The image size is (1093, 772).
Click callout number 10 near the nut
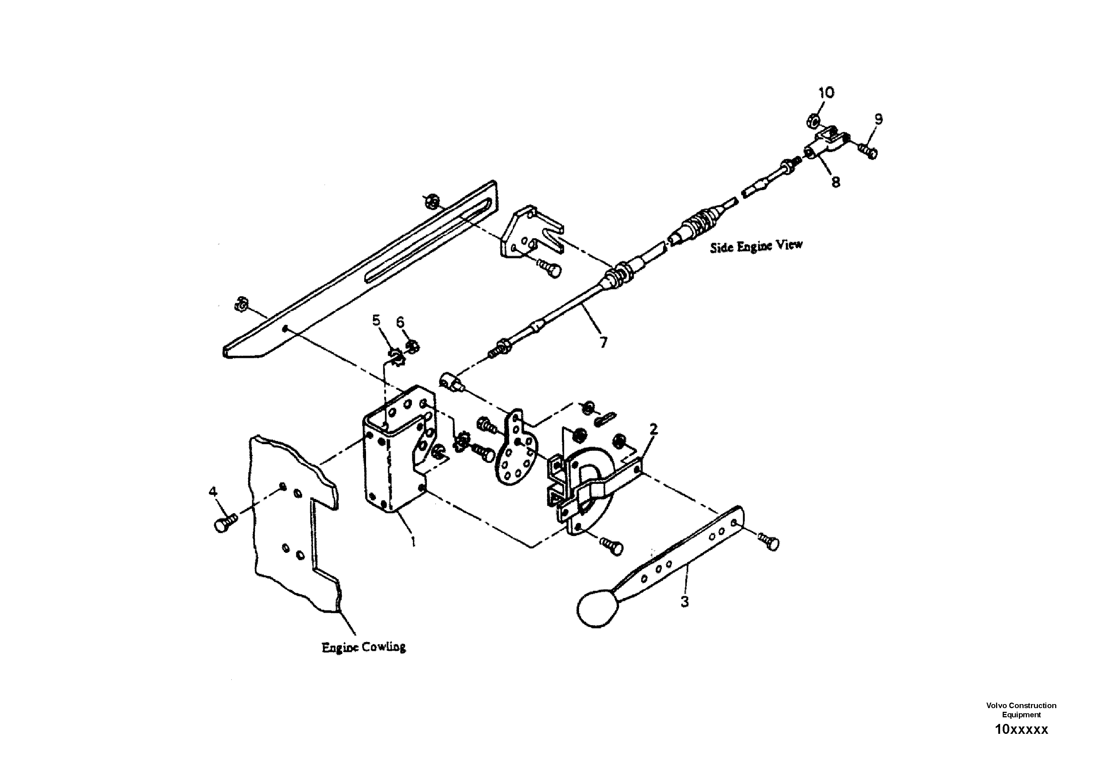(x=826, y=93)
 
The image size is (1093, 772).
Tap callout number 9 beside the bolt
(x=878, y=119)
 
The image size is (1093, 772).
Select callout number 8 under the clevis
(x=836, y=181)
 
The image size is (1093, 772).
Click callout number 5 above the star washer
(x=377, y=320)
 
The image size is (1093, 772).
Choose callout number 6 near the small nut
(x=400, y=322)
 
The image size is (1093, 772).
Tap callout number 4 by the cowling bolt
(x=213, y=491)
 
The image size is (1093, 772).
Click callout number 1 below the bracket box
(x=413, y=541)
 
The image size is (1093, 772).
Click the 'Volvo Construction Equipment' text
(x=1021, y=710)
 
